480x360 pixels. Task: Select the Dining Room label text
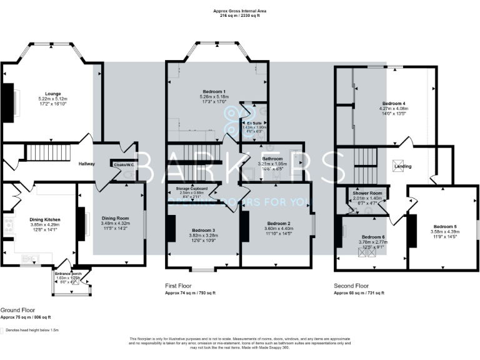(115, 218)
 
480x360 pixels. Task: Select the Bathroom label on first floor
(272, 159)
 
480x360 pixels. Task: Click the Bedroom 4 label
(394, 103)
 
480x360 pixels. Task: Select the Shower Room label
(367, 193)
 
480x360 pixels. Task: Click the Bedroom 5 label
(444, 227)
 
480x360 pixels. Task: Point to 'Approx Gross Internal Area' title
(240, 11)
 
